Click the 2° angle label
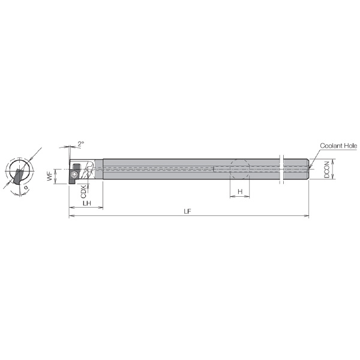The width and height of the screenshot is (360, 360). (81, 144)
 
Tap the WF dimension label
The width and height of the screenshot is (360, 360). (50, 176)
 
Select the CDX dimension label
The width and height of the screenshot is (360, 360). (83, 191)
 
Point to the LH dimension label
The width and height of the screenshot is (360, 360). (87, 203)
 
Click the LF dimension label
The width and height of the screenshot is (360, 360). (187, 211)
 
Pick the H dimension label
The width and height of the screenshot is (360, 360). (240, 191)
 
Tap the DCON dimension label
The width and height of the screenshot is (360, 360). (326, 169)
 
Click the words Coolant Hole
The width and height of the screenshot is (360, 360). (338, 146)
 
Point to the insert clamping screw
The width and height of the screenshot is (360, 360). (74, 175)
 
